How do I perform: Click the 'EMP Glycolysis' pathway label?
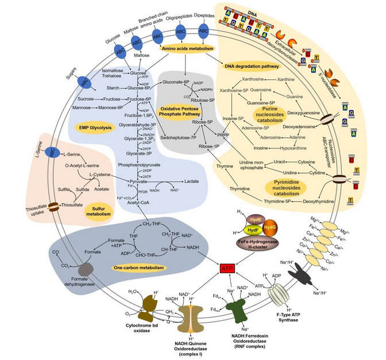[x=95, y=128]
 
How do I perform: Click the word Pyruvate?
[x=139, y=180]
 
